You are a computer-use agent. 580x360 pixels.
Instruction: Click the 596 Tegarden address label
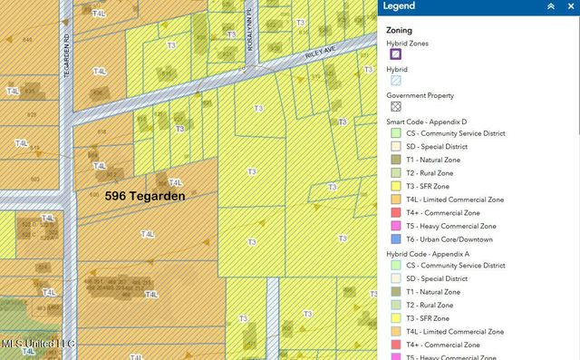pyautogui.click(x=145, y=196)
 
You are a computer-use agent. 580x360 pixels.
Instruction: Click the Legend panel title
pyautogui.click(x=400, y=5)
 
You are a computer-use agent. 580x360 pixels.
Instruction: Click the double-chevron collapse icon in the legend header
pyautogui.click(x=550, y=5)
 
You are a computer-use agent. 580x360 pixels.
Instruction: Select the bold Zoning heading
pyautogui.click(x=401, y=29)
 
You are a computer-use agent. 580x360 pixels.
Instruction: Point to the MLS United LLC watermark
pyautogui.click(x=38, y=344)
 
